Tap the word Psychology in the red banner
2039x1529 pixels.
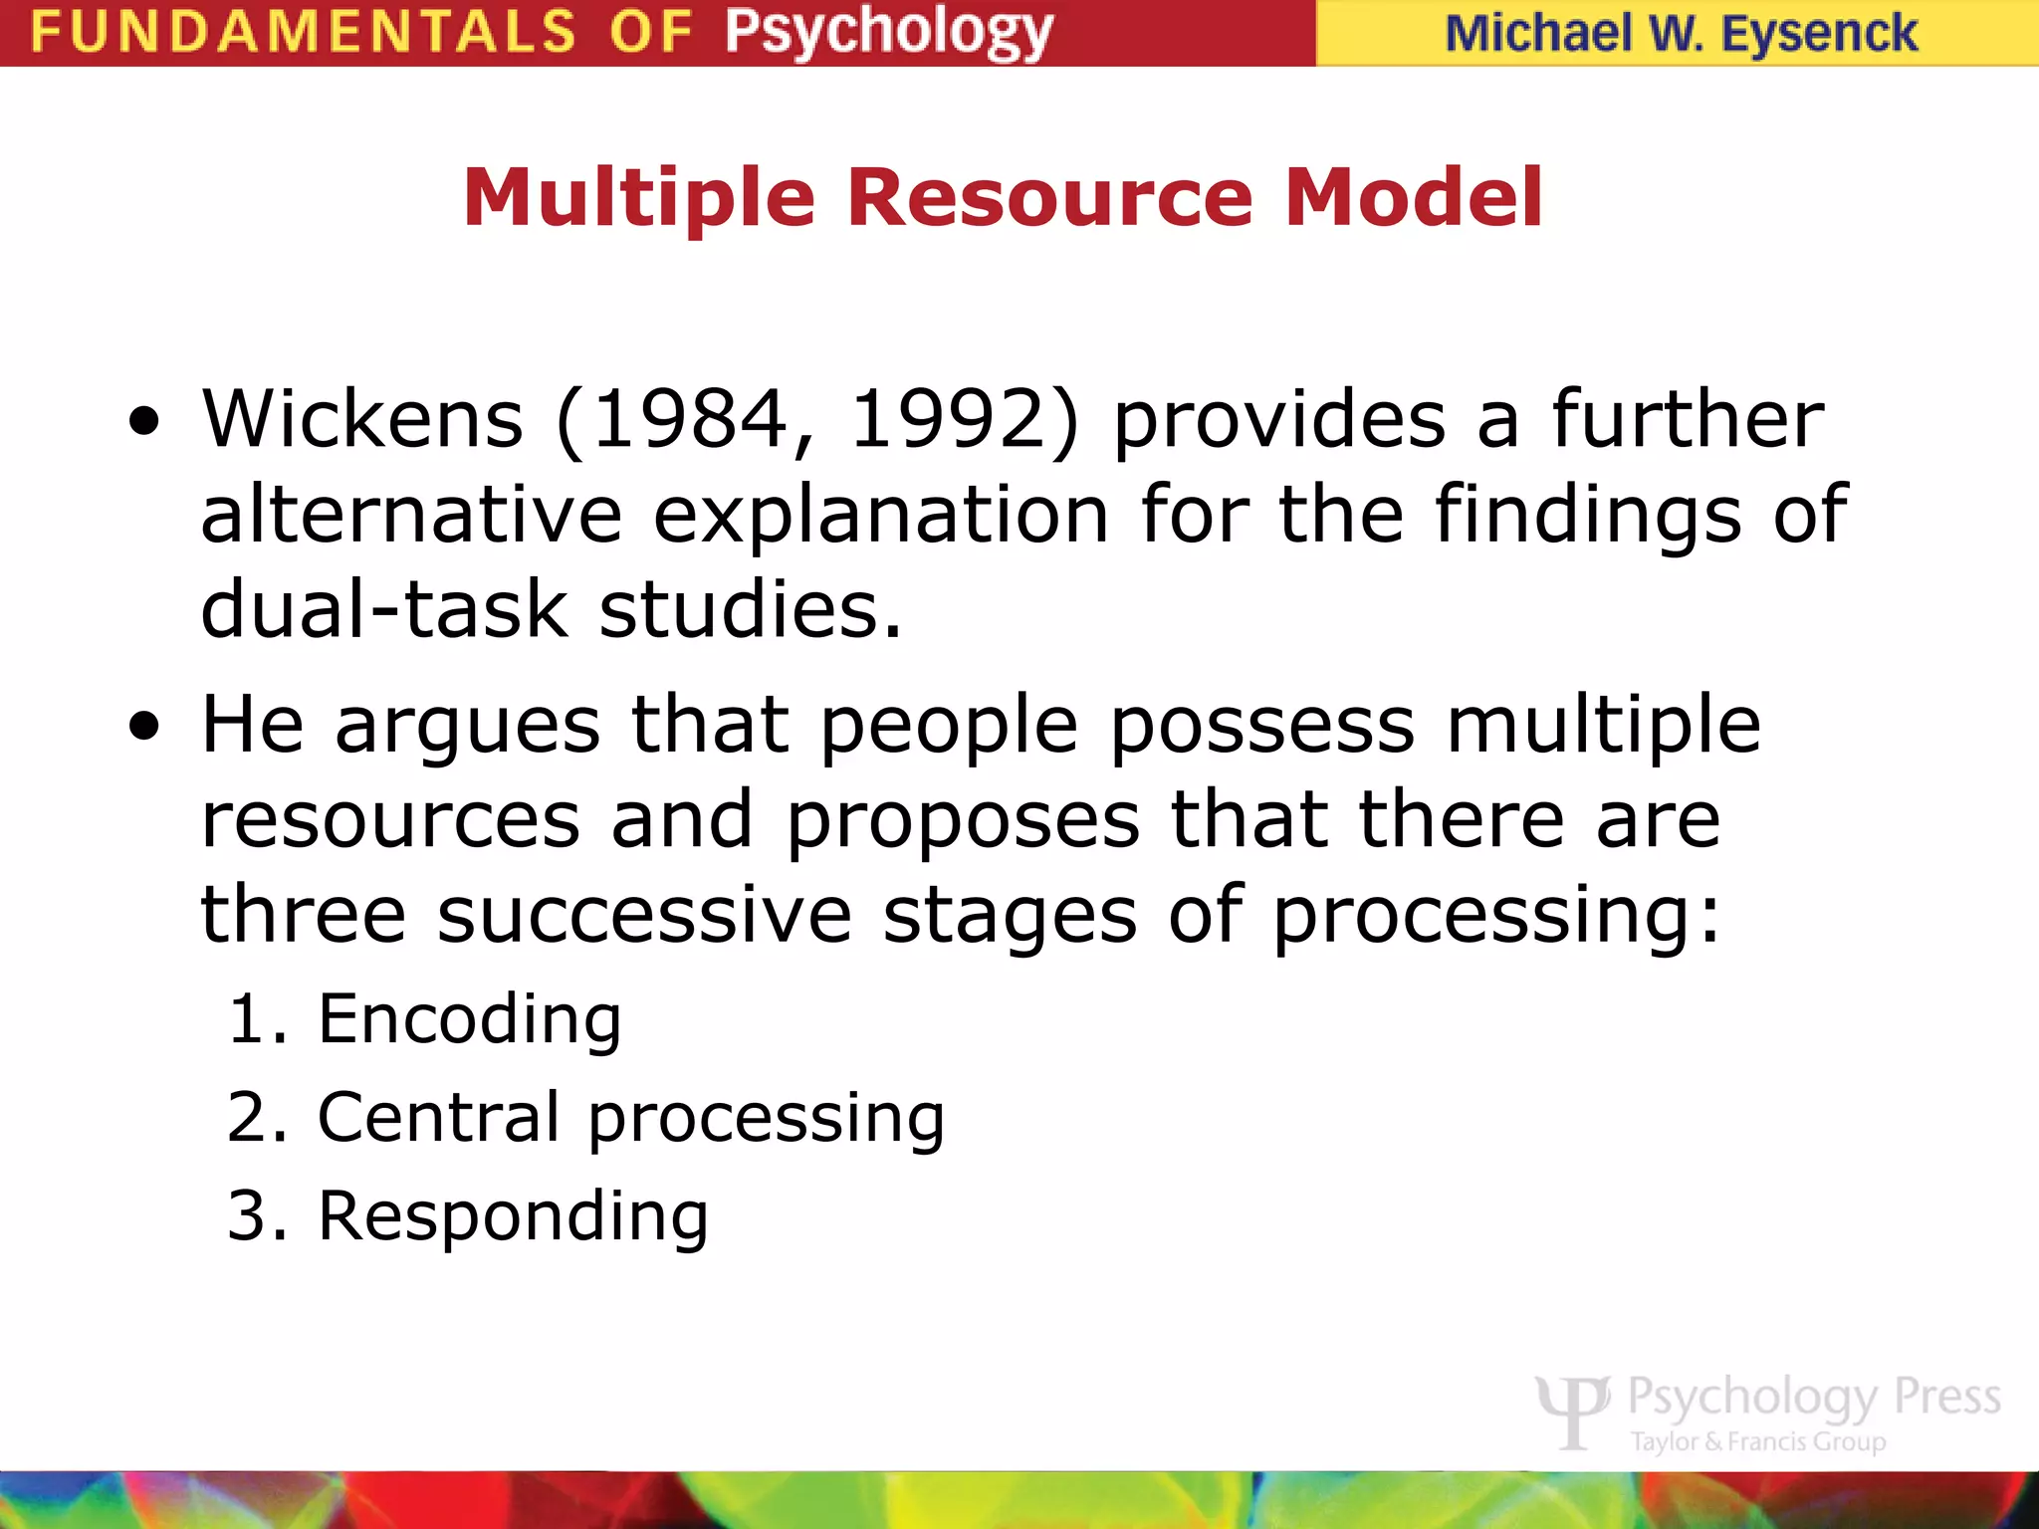pyautogui.click(x=888, y=34)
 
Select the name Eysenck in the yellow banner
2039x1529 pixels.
pyautogui.click(x=1819, y=34)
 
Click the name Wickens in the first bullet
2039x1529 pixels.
pyautogui.click(x=362, y=419)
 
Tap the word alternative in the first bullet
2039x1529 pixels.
pyautogui.click(x=411, y=515)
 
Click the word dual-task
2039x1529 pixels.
pyautogui.click(x=384, y=609)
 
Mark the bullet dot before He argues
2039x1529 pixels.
pyautogui.click(x=144, y=727)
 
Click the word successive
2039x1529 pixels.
pyautogui.click(x=644, y=915)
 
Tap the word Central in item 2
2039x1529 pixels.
pyautogui.click(x=438, y=1117)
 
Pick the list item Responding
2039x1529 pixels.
pyautogui.click(x=513, y=1215)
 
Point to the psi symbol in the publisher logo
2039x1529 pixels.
pyautogui.click(x=1573, y=1410)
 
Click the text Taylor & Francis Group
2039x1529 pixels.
pyautogui.click(x=1758, y=1441)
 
